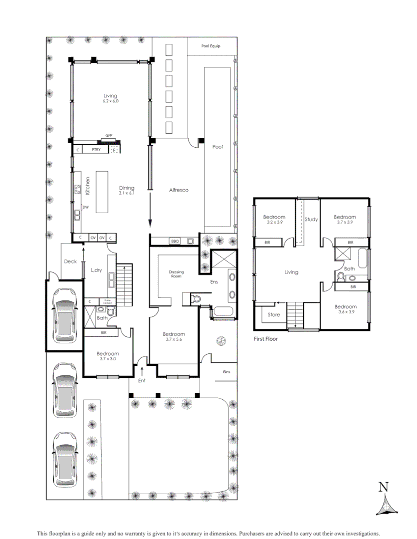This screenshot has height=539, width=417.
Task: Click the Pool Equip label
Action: coord(210,46)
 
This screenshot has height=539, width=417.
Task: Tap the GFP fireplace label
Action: coord(109,136)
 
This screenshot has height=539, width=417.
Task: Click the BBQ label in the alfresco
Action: coord(174,241)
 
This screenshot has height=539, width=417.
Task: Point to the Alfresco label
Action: coord(178,190)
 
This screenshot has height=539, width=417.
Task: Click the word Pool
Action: coord(218,147)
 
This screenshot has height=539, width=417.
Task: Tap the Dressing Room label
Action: coord(176,274)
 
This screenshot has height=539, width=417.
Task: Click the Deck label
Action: coord(70,261)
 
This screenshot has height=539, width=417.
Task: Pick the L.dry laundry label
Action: coord(96,270)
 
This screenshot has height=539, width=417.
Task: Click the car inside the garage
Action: coord(64,315)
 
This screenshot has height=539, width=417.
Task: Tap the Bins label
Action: coord(227,372)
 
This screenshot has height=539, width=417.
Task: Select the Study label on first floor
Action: coord(311,219)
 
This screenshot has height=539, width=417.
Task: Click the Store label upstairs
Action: coord(274,315)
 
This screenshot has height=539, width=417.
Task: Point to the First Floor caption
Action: coord(265,338)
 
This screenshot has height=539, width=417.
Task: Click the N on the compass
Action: coord(383,487)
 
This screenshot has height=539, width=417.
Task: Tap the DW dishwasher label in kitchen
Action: coord(85,207)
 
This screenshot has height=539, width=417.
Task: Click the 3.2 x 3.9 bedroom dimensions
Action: coord(274,223)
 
